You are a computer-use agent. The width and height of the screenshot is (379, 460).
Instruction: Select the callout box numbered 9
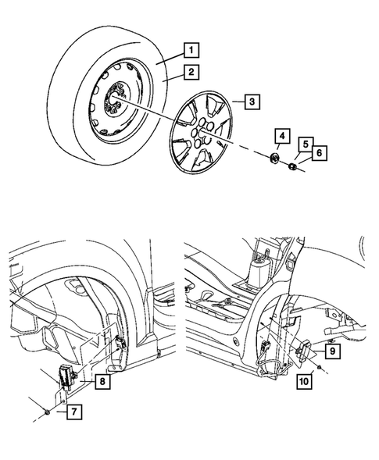[332, 352]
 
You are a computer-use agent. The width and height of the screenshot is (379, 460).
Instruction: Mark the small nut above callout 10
[323, 367]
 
